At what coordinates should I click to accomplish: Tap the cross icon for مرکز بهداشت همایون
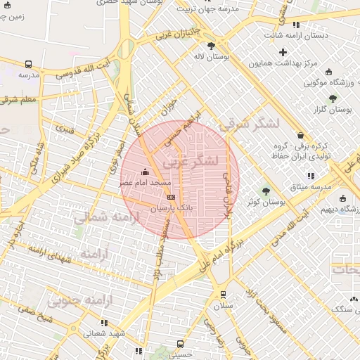(283, 52)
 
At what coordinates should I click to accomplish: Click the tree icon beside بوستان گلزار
(333, 98)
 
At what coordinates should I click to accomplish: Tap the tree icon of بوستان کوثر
(266, 191)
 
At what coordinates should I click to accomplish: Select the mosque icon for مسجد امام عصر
(146, 172)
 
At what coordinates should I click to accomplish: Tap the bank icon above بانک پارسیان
(172, 198)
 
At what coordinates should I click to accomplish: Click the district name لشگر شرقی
(250, 124)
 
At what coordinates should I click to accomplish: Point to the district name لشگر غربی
(191, 162)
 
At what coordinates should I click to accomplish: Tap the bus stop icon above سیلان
(223, 295)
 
